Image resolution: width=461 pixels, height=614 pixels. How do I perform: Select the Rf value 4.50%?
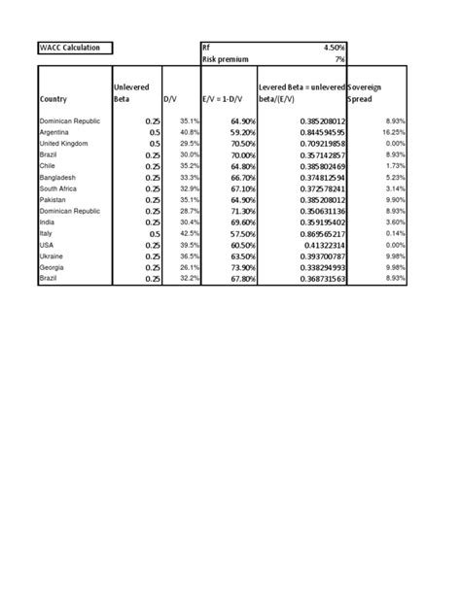click(x=331, y=47)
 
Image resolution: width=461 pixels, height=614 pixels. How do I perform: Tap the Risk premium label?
click(x=225, y=59)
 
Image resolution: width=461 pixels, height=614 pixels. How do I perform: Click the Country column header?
click(x=54, y=99)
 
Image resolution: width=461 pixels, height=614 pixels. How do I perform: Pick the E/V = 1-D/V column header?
click(x=224, y=99)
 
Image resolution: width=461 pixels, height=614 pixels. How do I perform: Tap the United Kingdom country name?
click(x=62, y=143)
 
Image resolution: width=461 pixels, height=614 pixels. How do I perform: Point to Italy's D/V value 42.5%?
click(x=189, y=233)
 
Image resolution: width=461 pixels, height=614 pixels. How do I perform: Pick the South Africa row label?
click(x=58, y=188)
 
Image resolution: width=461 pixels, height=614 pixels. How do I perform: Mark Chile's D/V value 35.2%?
click(x=189, y=166)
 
